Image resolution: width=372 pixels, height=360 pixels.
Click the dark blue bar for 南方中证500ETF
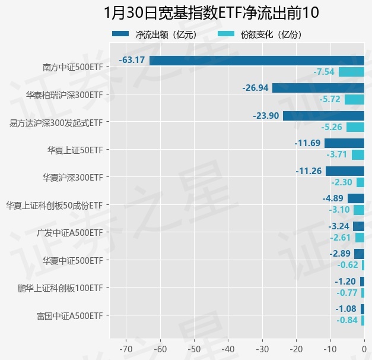click(x=256, y=60)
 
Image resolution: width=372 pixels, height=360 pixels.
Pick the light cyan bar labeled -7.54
click(x=351, y=72)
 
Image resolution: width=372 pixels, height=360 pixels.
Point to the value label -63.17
click(x=132, y=60)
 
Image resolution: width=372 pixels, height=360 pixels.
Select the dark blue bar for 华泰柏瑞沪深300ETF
click(x=318, y=88)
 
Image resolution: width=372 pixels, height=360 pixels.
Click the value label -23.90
click(x=265, y=116)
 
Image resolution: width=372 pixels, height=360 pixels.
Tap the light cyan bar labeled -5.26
click(x=355, y=127)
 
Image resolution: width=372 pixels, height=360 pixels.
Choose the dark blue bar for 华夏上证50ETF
click(x=344, y=143)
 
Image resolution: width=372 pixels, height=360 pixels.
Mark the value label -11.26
click(x=308, y=171)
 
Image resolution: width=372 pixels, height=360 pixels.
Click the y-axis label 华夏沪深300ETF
click(x=72, y=177)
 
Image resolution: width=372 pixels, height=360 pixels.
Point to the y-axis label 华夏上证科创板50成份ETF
click(x=54, y=205)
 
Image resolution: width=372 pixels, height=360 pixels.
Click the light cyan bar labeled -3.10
click(x=358, y=210)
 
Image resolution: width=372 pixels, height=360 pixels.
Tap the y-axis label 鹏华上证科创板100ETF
click(x=60, y=288)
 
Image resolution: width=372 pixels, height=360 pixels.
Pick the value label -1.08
click(x=346, y=309)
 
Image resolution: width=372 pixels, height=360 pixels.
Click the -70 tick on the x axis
click(x=126, y=349)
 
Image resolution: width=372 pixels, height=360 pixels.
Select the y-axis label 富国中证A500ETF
click(x=69, y=315)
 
